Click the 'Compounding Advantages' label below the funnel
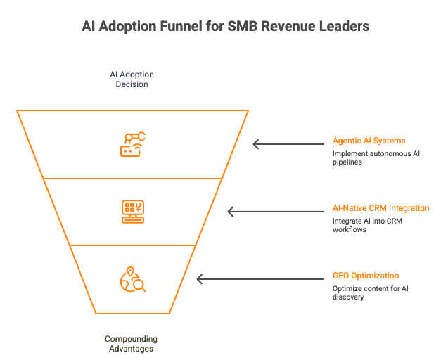click(x=131, y=344)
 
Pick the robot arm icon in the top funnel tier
click(x=132, y=143)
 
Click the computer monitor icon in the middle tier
click(x=132, y=211)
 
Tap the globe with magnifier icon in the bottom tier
click(x=132, y=279)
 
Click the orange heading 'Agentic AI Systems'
click(x=369, y=141)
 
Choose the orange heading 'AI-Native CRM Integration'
click(x=380, y=209)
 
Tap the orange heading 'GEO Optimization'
click(x=366, y=276)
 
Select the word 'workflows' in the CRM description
click(x=350, y=230)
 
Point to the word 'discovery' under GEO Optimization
click(x=349, y=297)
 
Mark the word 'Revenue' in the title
click(x=293, y=26)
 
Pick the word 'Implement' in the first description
click(x=350, y=153)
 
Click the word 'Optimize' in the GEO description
click(x=347, y=288)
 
